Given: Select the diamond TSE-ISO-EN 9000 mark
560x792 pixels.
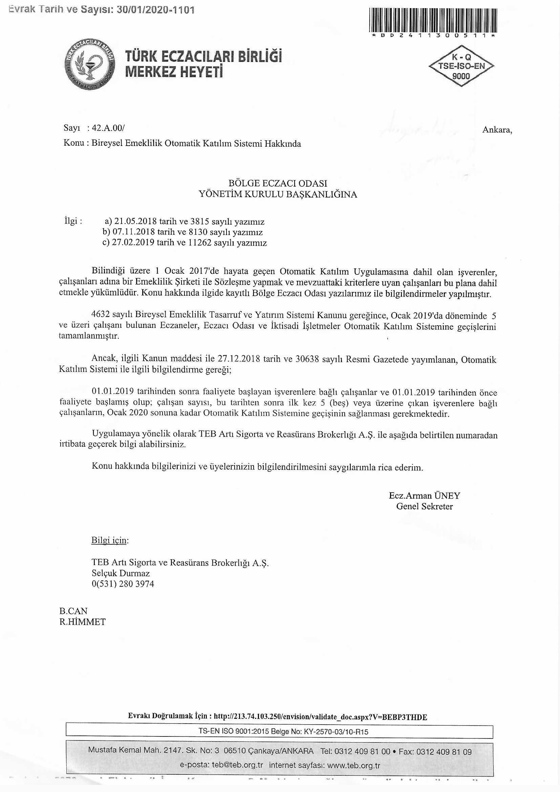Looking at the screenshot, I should (461, 66).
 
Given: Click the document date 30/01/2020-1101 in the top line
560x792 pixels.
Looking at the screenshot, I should (155, 10).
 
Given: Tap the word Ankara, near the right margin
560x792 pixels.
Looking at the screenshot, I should (497, 130).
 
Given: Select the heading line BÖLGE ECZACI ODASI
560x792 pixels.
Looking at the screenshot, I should (278, 183).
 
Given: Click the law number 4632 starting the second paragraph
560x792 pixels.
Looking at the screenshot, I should (101, 314).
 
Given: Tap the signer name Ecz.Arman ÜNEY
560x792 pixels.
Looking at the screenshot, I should (424, 496).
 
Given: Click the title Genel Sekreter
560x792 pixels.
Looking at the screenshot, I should (424, 506).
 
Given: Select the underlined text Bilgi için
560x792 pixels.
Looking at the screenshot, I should (109, 540).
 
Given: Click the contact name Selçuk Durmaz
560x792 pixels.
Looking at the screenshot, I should (121, 573).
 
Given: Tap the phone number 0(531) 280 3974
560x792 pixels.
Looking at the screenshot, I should (123, 584).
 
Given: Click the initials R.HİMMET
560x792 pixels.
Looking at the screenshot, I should (82, 622).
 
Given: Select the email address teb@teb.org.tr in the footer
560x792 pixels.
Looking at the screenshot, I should (237, 765).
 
